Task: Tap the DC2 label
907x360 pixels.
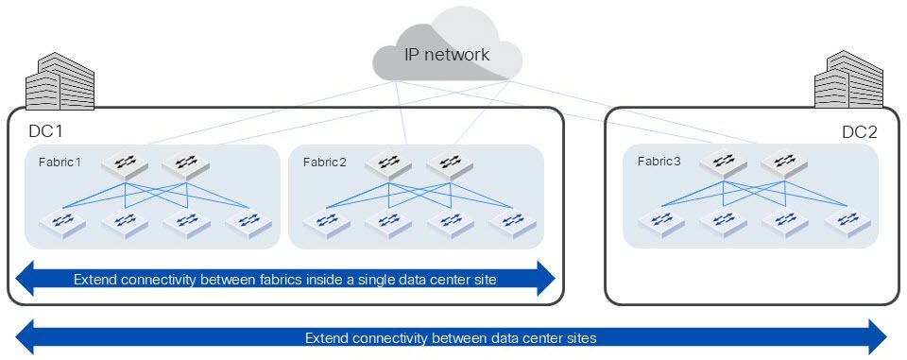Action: (x=859, y=132)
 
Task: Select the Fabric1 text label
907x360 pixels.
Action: (x=60, y=163)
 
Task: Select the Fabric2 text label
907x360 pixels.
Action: (x=324, y=163)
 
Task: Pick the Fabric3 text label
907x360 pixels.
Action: (x=658, y=162)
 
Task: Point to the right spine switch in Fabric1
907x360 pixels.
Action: (x=186, y=164)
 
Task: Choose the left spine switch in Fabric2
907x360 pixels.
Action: (x=387, y=164)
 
